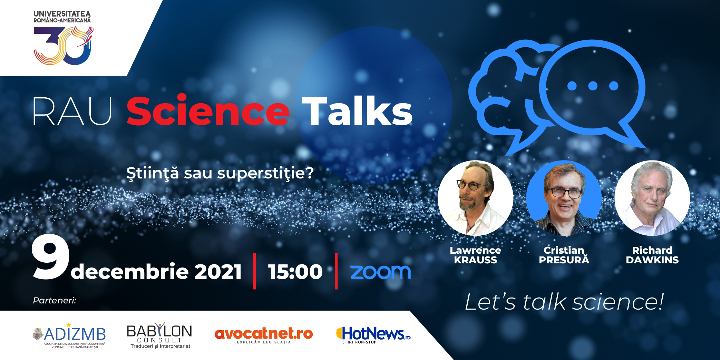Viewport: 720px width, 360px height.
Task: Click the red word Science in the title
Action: [208, 110]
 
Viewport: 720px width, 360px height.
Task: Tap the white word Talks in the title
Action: [357, 111]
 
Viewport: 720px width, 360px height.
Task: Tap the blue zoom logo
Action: [380, 272]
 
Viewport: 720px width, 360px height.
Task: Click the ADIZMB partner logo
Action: [69, 335]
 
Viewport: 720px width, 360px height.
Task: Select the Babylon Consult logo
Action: [159, 336]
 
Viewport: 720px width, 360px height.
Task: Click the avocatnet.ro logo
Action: [264, 335]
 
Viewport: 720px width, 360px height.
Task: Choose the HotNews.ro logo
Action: [373, 335]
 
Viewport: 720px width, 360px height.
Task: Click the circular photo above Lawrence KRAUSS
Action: [475, 198]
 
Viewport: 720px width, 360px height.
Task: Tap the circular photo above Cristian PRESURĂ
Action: [564, 198]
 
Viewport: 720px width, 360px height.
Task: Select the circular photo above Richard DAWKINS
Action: [652, 198]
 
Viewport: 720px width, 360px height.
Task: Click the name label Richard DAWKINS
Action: [652, 255]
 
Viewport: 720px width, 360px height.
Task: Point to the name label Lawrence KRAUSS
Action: [475, 255]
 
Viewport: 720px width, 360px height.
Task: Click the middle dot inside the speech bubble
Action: [593, 86]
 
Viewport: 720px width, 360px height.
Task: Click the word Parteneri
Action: [55, 300]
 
